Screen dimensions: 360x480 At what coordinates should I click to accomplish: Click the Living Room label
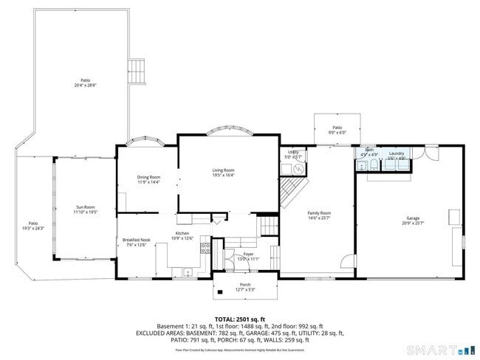[224, 170]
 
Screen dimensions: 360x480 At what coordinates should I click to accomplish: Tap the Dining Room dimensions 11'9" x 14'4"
[148, 182]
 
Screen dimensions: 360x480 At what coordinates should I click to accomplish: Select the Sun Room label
[85, 207]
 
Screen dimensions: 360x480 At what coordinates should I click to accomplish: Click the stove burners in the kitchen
[210, 248]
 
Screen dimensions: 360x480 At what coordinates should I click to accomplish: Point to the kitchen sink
[188, 272]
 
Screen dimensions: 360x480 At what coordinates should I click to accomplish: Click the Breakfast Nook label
[136, 240]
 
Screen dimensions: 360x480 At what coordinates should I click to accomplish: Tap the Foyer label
[248, 254]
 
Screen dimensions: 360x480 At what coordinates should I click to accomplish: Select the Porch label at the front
[244, 284]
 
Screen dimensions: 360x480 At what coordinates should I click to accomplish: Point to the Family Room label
[319, 212]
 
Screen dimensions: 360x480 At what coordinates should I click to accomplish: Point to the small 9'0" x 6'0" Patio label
[337, 128]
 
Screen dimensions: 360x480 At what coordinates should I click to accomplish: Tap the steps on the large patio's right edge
[137, 72]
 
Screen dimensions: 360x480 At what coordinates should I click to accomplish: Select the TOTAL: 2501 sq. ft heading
[239, 318]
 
